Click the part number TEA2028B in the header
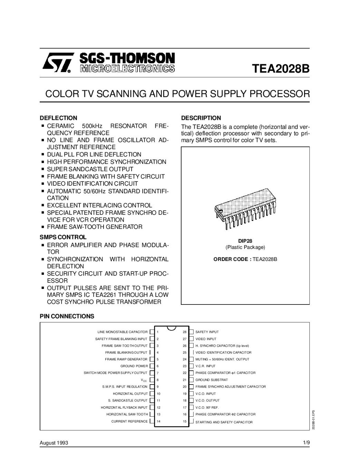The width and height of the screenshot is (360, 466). coord(280,68)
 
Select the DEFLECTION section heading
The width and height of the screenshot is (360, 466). coord(58,118)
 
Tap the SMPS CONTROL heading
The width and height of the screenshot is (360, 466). coord(63,237)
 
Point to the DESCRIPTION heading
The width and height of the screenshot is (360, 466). coord(201,118)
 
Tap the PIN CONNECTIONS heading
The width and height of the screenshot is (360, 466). coord(67,316)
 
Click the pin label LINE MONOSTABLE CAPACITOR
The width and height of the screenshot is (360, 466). coord(123,332)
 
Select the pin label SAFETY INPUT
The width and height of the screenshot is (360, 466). coord(207,332)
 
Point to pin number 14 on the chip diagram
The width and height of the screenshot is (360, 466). coord(158,421)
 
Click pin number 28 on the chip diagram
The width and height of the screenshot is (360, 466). coord(185,332)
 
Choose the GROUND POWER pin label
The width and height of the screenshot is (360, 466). coord(134,366)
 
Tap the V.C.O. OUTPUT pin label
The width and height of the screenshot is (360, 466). coord(207,400)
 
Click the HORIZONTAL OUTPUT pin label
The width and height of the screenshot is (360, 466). coord(130,394)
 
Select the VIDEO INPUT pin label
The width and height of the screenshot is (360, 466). coord(206,339)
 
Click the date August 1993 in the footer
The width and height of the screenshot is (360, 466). coord(54,443)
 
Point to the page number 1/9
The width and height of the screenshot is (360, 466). coord(306,443)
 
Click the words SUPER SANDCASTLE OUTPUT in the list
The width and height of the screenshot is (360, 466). coord(90,169)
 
